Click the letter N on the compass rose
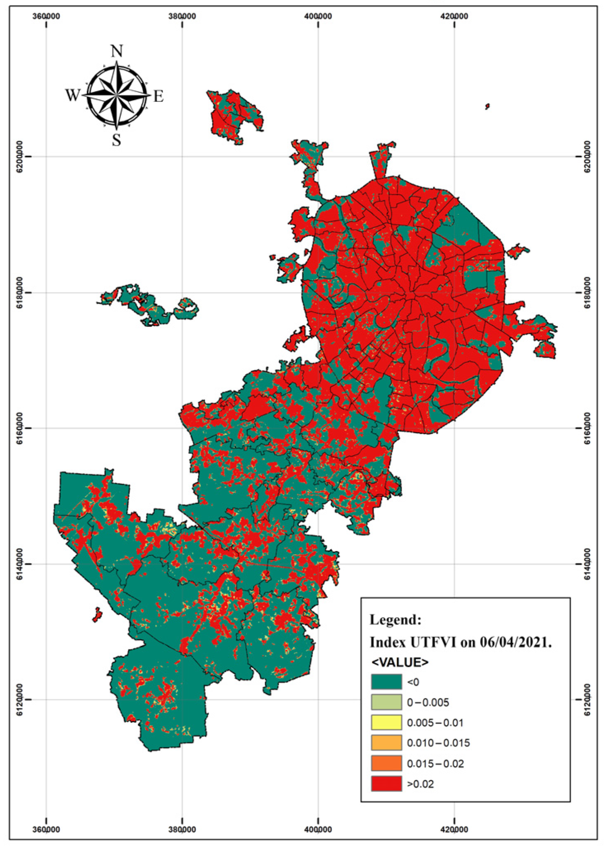pos(117,52)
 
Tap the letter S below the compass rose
pos(117,141)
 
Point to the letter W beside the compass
pos(73,96)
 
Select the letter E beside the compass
pos(158,96)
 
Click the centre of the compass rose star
pos(117,95)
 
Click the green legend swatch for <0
pos(386,682)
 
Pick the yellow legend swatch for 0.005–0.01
pos(386,722)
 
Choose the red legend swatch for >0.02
pos(386,783)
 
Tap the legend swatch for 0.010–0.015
pos(386,743)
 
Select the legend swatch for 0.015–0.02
pos(386,763)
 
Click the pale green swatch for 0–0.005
pos(386,702)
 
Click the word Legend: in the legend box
pos(395,620)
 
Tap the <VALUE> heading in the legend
pos(400,662)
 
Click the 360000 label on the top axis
pos(46,16)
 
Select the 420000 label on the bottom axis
pos(454,829)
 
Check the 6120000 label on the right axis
pos(588,699)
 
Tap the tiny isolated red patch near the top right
pos(487,106)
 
